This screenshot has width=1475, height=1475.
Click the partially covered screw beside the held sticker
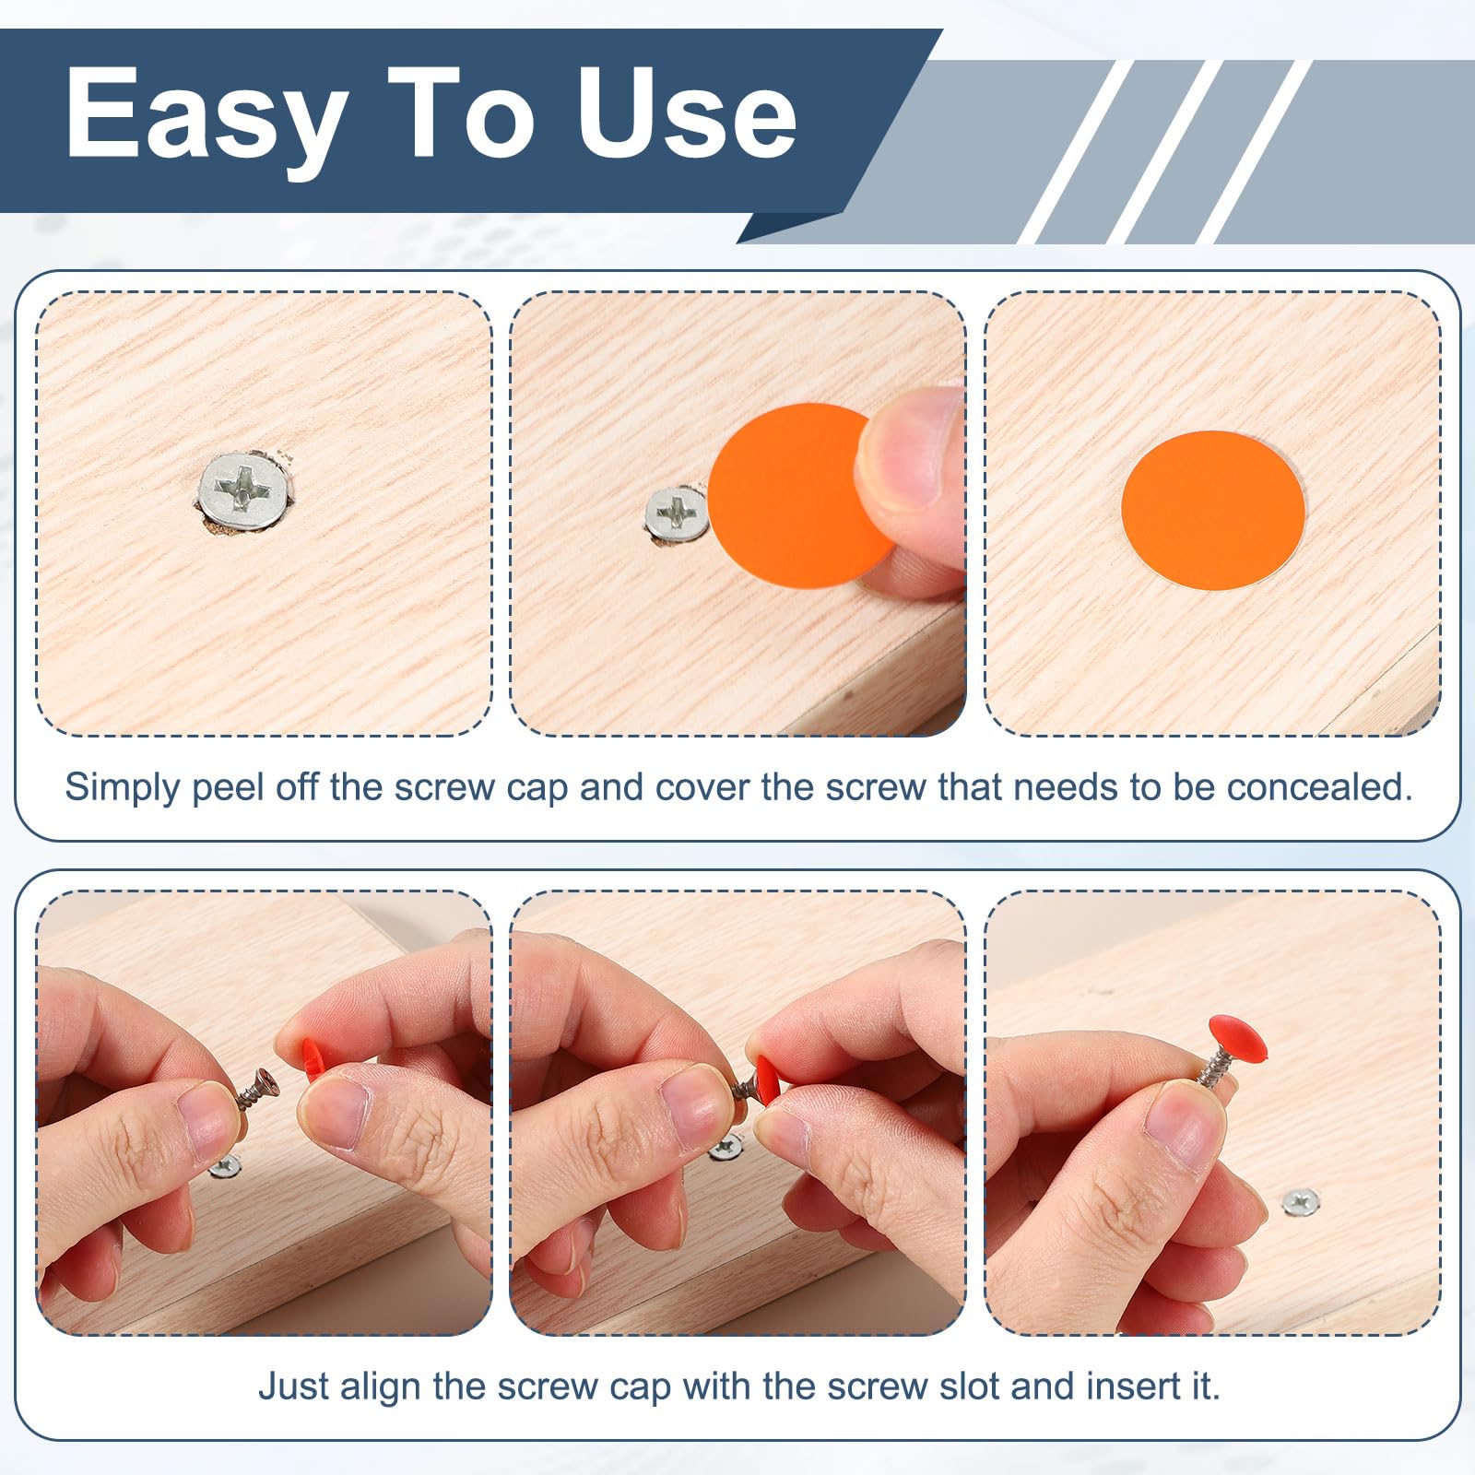click(x=677, y=513)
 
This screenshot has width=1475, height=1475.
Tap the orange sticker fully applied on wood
click(x=1213, y=510)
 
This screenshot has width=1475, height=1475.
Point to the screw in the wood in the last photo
click(x=1301, y=1201)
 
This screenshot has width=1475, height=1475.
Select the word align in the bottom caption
click(x=380, y=1387)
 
